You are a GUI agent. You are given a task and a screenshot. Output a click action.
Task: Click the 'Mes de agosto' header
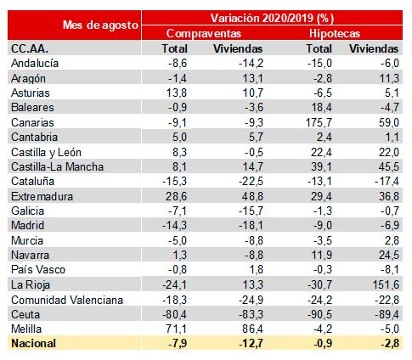coord(100,25)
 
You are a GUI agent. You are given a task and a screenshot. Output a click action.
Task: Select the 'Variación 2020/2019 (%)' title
coord(272,19)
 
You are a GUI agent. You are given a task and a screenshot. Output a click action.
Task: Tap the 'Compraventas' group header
coord(204,33)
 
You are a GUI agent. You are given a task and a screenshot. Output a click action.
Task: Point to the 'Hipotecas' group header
coord(335,33)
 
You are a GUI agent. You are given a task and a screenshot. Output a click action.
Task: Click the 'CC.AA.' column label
coord(30,48)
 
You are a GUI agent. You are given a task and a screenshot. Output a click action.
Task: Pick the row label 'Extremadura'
coord(42,196)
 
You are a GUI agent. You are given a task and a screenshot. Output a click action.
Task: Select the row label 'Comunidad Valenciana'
coord(67,300)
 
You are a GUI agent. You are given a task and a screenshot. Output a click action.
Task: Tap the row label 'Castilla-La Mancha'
coord(57,166)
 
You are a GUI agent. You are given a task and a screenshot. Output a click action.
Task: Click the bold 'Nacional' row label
coord(34,343)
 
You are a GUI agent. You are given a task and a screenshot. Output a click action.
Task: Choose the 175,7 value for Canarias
coord(319,122)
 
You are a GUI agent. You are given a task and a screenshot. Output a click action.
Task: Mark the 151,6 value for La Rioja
coord(386,284)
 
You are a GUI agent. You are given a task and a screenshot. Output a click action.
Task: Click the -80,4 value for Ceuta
coord(175,314)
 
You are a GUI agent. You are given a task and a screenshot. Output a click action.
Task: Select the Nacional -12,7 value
coord(251,343)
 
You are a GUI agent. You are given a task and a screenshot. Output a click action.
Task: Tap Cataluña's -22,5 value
coord(251,182)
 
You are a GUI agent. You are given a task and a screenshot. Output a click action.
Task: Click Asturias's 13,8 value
coord(177,93)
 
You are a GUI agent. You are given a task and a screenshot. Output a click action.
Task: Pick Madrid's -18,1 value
coord(251,225)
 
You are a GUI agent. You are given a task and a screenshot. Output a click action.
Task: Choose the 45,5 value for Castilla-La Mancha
coord(389,166)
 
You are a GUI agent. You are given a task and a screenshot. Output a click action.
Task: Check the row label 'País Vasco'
coord(38,269)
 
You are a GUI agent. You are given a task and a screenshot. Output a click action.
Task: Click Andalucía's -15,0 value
coord(319,63)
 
